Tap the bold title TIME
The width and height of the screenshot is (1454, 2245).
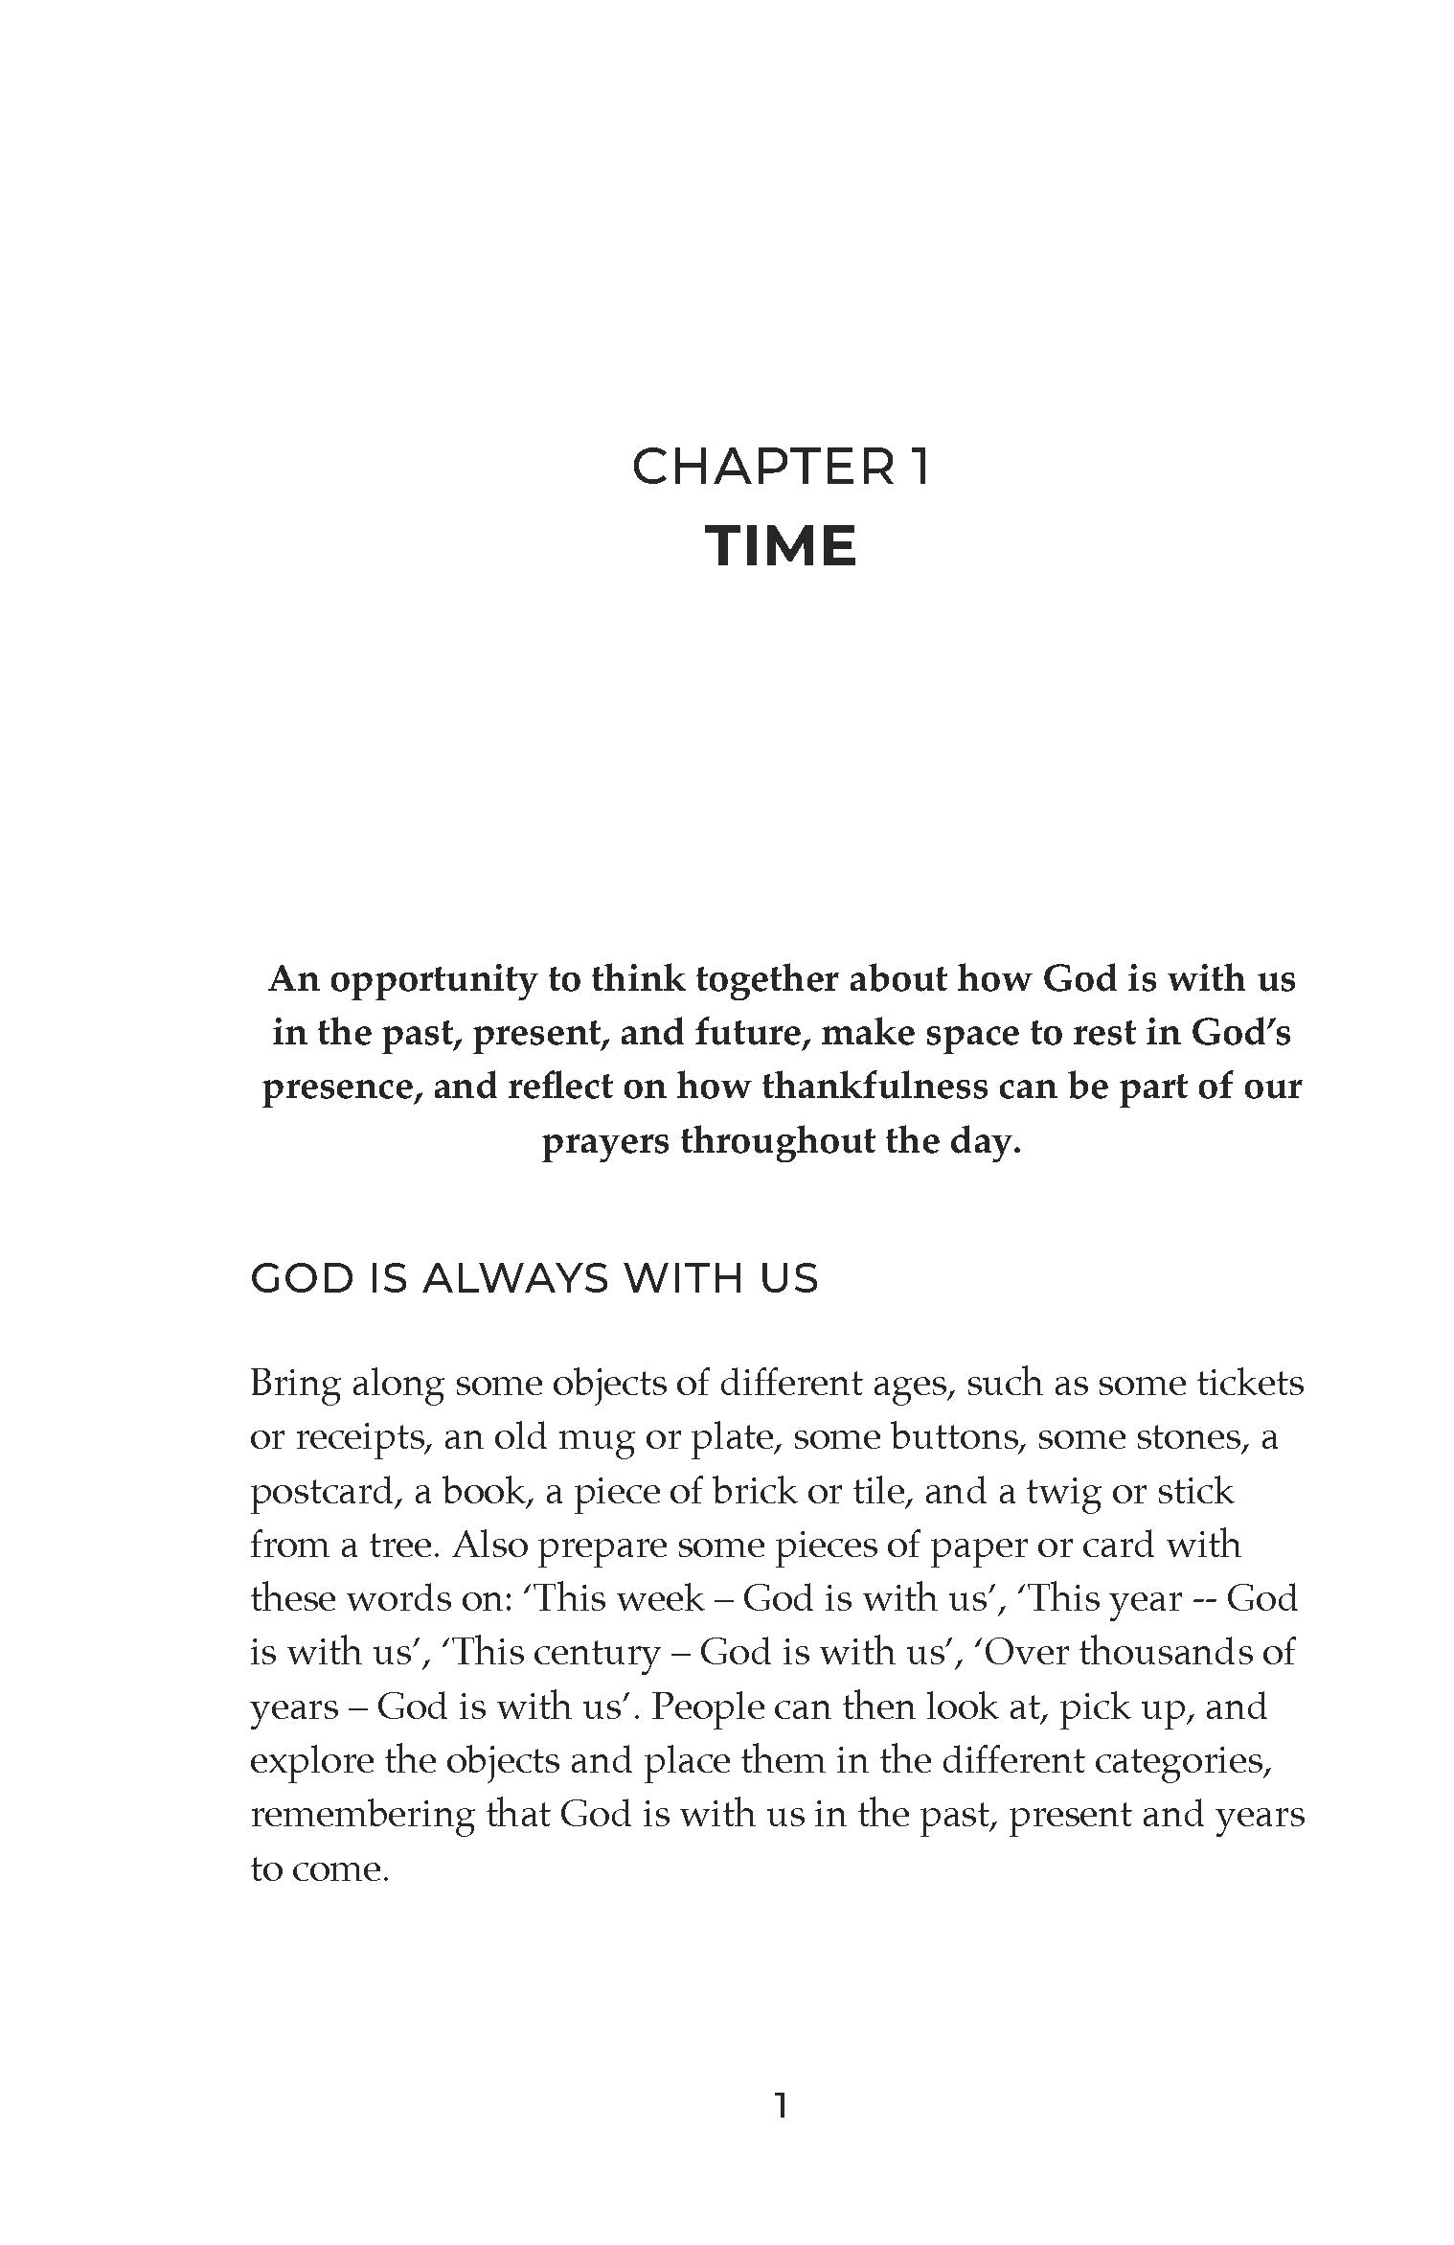point(781,546)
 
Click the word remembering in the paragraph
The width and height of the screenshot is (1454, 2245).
point(361,1814)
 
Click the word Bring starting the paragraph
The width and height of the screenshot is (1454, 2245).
point(293,1384)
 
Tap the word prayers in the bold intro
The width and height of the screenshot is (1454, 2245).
point(603,1141)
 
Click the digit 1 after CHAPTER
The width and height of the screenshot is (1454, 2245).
point(918,468)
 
